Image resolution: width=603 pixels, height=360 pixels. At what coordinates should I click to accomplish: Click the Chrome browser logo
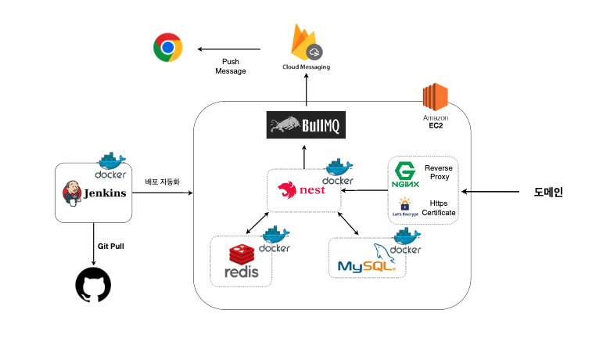[167, 47]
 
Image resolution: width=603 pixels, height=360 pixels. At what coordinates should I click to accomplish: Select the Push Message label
[230, 66]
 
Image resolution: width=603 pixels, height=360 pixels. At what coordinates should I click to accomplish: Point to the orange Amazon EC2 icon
[434, 97]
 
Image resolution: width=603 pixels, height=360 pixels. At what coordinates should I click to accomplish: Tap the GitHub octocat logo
[93, 285]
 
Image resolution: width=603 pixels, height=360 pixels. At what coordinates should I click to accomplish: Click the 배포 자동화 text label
[162, 182]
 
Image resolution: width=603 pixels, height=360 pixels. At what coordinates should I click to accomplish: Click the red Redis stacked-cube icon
[241, 254]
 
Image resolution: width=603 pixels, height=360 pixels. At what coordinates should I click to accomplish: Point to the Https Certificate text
[438, 207]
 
